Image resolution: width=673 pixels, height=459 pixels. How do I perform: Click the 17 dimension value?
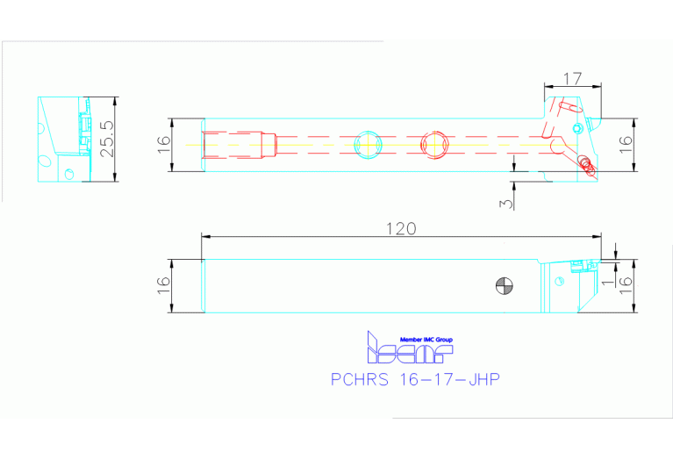(x=572, y=79)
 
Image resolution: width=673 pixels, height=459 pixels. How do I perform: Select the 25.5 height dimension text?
(x=106, y=139)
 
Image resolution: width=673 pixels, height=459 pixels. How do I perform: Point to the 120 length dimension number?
(x=401, y=228)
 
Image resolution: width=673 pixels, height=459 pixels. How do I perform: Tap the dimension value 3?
(x=504, y=203)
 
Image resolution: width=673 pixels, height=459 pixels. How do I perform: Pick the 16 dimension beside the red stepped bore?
(x=162, y=143)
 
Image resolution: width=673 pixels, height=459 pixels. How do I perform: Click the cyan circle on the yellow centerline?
(x=367, y=143)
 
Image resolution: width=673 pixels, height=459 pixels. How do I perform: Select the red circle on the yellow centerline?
(x=434, y=143)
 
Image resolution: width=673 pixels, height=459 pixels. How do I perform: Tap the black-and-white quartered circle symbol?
(x=505, y=285)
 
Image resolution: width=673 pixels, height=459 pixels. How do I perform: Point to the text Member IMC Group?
(x=426, y=339)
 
